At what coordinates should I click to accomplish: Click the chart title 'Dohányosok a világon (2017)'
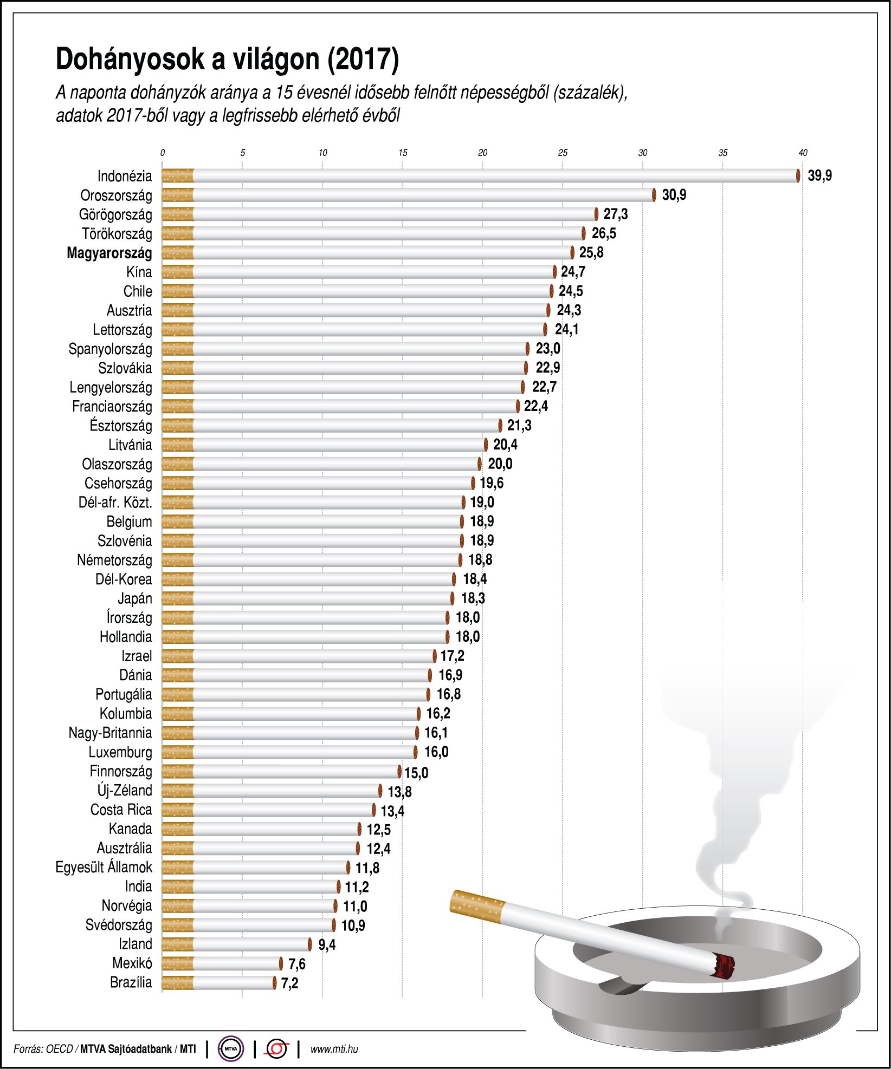[x=227, y=60]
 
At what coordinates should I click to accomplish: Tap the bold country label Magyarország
[x=109, y=253]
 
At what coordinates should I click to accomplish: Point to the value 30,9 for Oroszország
[x=674, y=195]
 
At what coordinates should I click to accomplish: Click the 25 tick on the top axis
[x=563, y=153]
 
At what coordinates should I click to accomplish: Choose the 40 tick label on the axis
[x=803, y=153]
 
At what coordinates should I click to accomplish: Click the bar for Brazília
[x=219, y=982]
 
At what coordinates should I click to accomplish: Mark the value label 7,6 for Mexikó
[x=297, y=964]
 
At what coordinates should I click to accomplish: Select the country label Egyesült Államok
[x=104, y=867]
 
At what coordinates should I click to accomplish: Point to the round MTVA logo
[x=231, y=1049]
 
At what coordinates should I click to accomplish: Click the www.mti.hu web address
[x=334, y=1049]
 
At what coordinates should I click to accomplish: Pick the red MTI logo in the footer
[x=276, y=1049]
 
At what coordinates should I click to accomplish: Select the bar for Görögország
[x=380, y=214]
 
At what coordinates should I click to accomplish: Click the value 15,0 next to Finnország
[x=416, y=773]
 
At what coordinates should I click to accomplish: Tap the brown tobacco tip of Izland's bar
[x=310, y=944]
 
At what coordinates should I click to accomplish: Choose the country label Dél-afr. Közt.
[x=115, y=503]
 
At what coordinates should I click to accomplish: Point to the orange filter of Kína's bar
[x=178, y=272]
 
